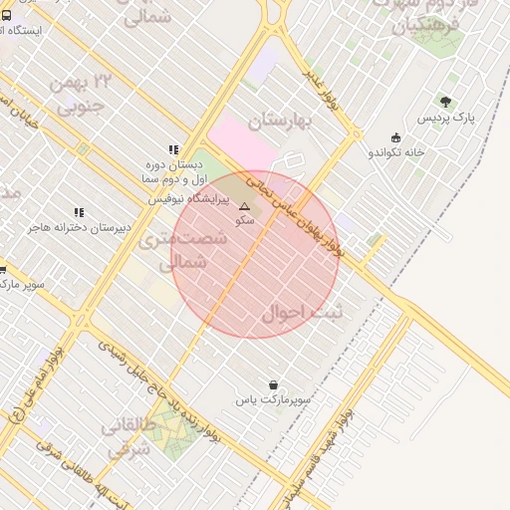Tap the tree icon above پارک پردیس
[x=445, y=102]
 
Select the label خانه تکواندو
[x=396, y=152]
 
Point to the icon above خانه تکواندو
[x=396, y=137]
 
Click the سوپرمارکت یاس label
[x=273, y=399]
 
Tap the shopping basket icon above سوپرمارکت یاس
[x=273, y=384]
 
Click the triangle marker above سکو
[x=245, y=206]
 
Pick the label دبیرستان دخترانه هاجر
[x=80, y=228]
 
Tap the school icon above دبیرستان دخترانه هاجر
[x=80, y=212]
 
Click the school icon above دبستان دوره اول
[x=174, y=149]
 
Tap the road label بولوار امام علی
[x=40, y=386]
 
